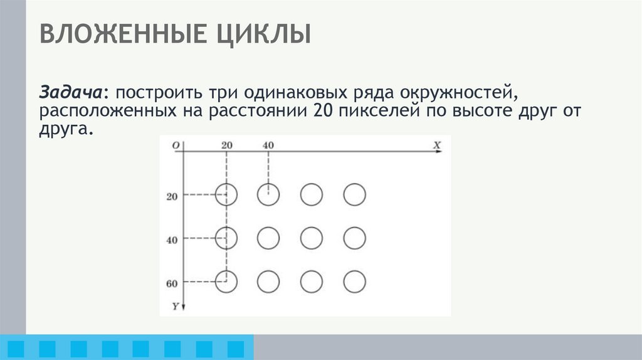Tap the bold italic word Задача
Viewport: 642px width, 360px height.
pyautogui.click(x=71, y=93)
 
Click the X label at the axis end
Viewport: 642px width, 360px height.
pyautogui.click(x=437, y=144)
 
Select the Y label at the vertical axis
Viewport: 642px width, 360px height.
pyautogui.click(x=176, y=305)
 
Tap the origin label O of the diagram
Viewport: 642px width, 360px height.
pyautogui.click(x=176, y=145)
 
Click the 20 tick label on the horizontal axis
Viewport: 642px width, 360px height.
pyautogui.click(x=227, y=145)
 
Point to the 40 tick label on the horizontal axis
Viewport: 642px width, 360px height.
pyautogui.click(x=268, y=145)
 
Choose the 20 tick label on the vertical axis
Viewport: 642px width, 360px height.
pyautogui.click(x=172, y=197)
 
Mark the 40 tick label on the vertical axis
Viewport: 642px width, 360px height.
pyautogui.click(x=172, y=240)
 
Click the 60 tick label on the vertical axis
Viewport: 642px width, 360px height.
pyautogui.click(x=172, y=283)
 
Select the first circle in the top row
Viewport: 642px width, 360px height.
pyautogui.click(x=226, y=194)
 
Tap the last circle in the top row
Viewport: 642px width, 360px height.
pyautogui.click(x=354, y=194)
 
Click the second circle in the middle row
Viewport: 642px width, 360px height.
pyautogui.click(x=268, y=238)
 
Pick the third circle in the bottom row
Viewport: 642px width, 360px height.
pyautogui.click(x=312, y=282)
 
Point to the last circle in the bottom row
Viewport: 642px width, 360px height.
pyautogui.click(x=354, y=282)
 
